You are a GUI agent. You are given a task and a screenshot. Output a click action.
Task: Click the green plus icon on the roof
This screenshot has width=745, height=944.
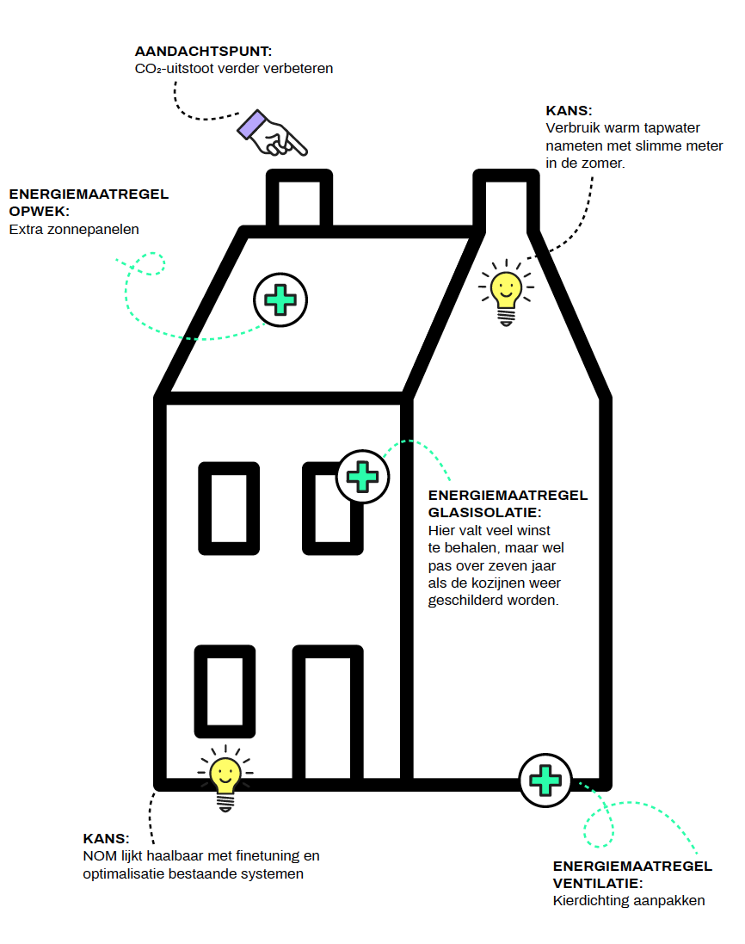coord(280,299)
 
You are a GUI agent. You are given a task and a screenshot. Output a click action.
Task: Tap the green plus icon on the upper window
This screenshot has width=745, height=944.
coord(362,477)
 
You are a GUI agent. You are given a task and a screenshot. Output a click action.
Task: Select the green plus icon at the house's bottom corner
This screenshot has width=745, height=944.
coord(545,780)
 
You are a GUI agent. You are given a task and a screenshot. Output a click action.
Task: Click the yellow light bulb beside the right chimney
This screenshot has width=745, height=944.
coord(506,293)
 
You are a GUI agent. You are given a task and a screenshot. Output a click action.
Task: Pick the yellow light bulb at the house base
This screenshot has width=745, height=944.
coord(225,779)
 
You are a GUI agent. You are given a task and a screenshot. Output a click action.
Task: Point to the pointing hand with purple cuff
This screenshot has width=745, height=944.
coord(272,133)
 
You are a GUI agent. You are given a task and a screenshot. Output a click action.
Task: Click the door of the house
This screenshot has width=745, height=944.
coord(328,713)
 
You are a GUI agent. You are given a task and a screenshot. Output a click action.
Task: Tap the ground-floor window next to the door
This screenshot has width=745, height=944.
coord(225,691)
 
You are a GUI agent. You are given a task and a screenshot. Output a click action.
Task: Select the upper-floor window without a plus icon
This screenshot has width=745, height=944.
coord(229,508)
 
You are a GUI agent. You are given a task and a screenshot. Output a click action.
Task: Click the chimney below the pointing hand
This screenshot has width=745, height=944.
coord(299,199)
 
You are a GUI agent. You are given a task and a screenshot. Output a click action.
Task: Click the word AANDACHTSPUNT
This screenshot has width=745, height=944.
coord(203,51)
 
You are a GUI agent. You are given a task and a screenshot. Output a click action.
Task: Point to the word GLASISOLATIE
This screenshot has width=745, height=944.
coord(484,512)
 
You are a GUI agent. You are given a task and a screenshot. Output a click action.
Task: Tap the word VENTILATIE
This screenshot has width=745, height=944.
coord(598,883)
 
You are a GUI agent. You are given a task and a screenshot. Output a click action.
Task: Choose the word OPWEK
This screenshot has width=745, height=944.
coord(39,212)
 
